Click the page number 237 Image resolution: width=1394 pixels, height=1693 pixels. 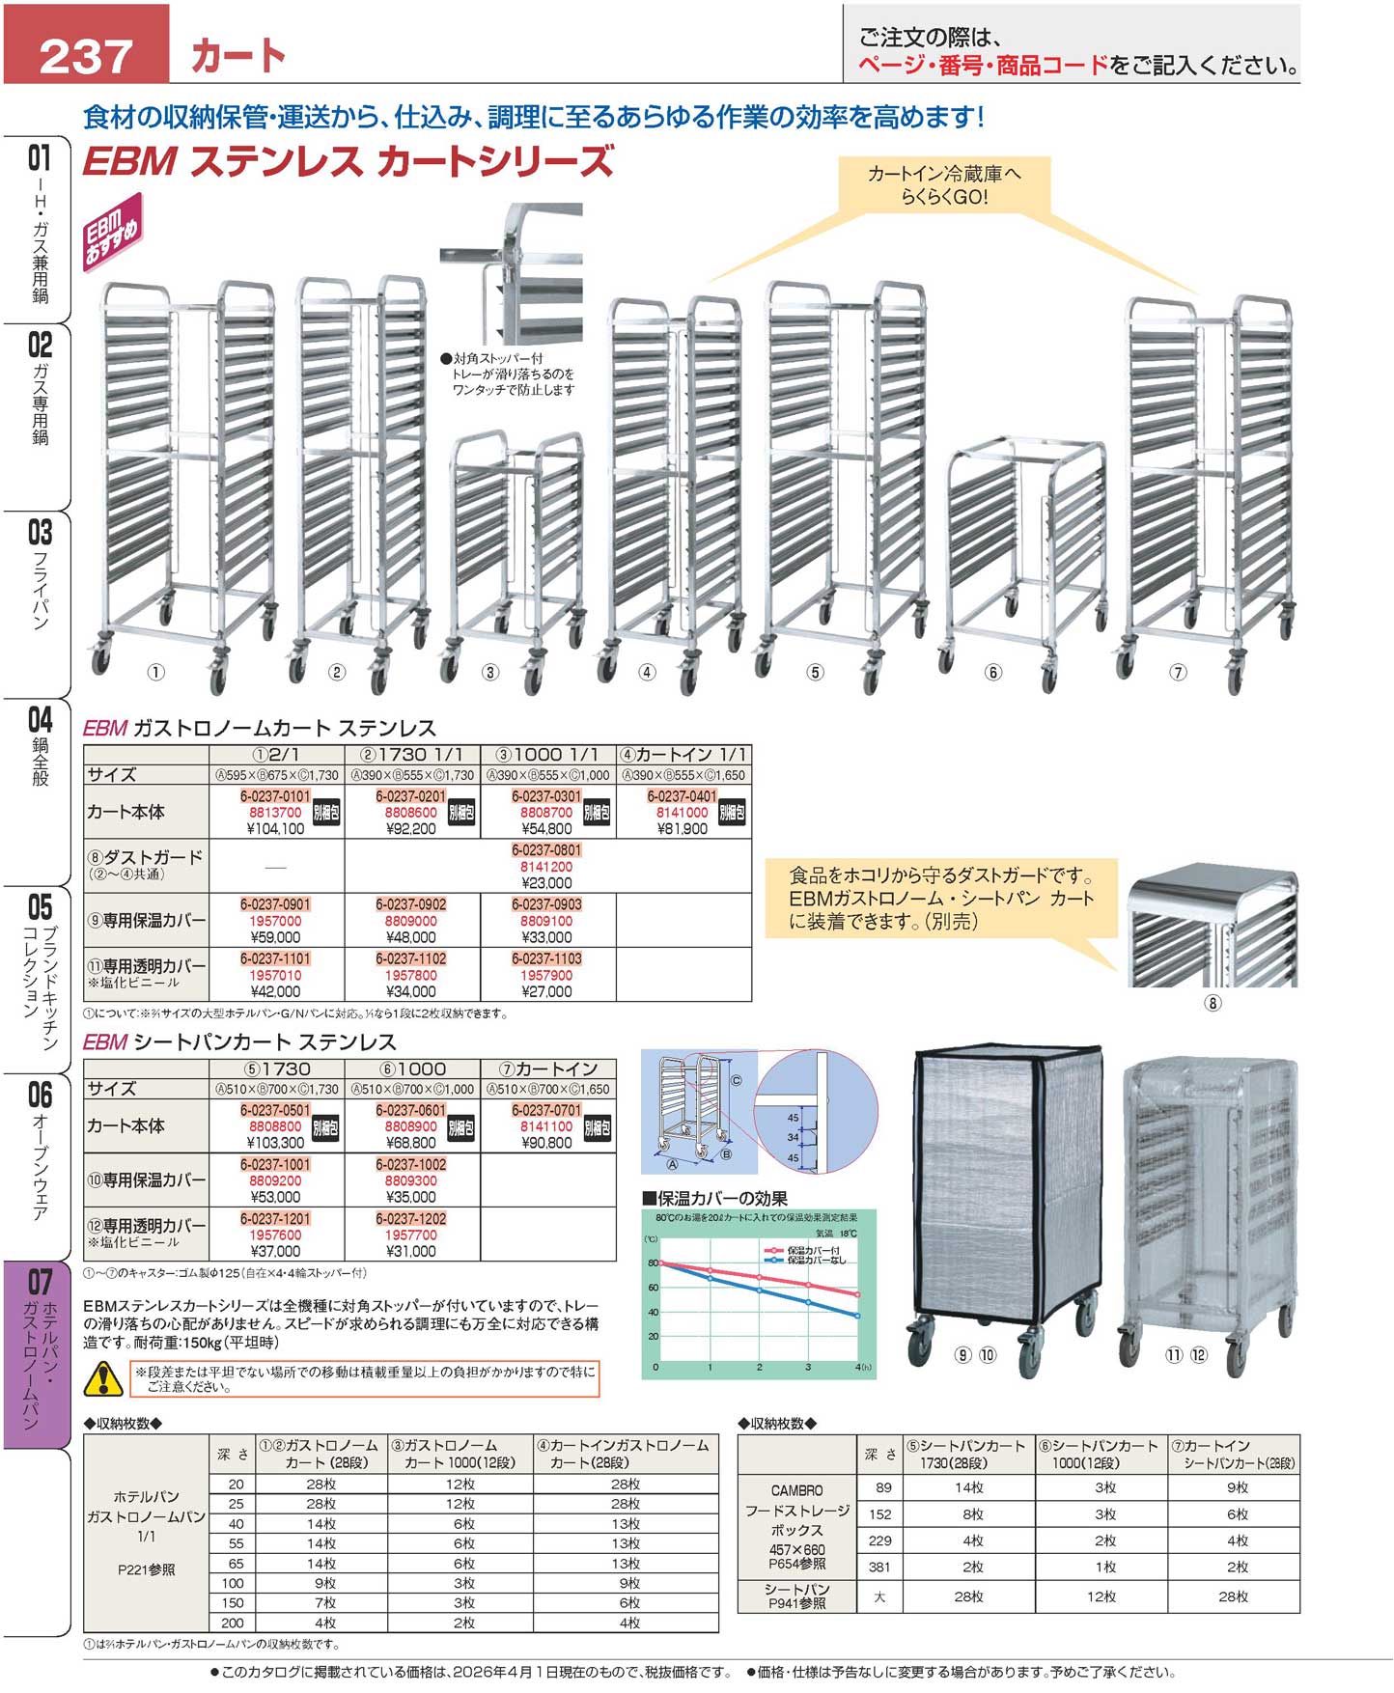[x=85, y=55]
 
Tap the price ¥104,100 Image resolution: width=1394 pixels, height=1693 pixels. [x=276, y=829]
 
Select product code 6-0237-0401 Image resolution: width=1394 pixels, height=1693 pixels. [x=682, y=796]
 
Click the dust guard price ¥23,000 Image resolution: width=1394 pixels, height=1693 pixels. [x=546, y=883]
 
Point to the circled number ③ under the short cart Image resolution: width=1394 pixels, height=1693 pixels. [x=490, y=673]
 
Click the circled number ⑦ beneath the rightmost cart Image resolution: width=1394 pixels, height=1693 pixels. [x=1178, y=673]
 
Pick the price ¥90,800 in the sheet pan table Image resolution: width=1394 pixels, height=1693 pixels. [x=546, y=1143]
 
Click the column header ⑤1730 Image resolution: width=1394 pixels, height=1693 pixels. [x=277, y=1069]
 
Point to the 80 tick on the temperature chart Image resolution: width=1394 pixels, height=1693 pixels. [x=654, y=1263]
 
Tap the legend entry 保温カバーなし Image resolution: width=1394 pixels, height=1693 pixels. [x=816, y=1261]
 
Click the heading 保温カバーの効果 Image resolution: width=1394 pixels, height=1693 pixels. [x=720, y=1199]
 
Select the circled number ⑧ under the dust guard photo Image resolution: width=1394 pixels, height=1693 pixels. [x=1213, y=1003]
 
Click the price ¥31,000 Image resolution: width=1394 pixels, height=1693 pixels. [x=411, y=1251]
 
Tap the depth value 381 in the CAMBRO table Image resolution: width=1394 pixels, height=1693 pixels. [x=879, y=1568]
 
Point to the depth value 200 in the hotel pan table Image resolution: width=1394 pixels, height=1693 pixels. [x=234, y=1623]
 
